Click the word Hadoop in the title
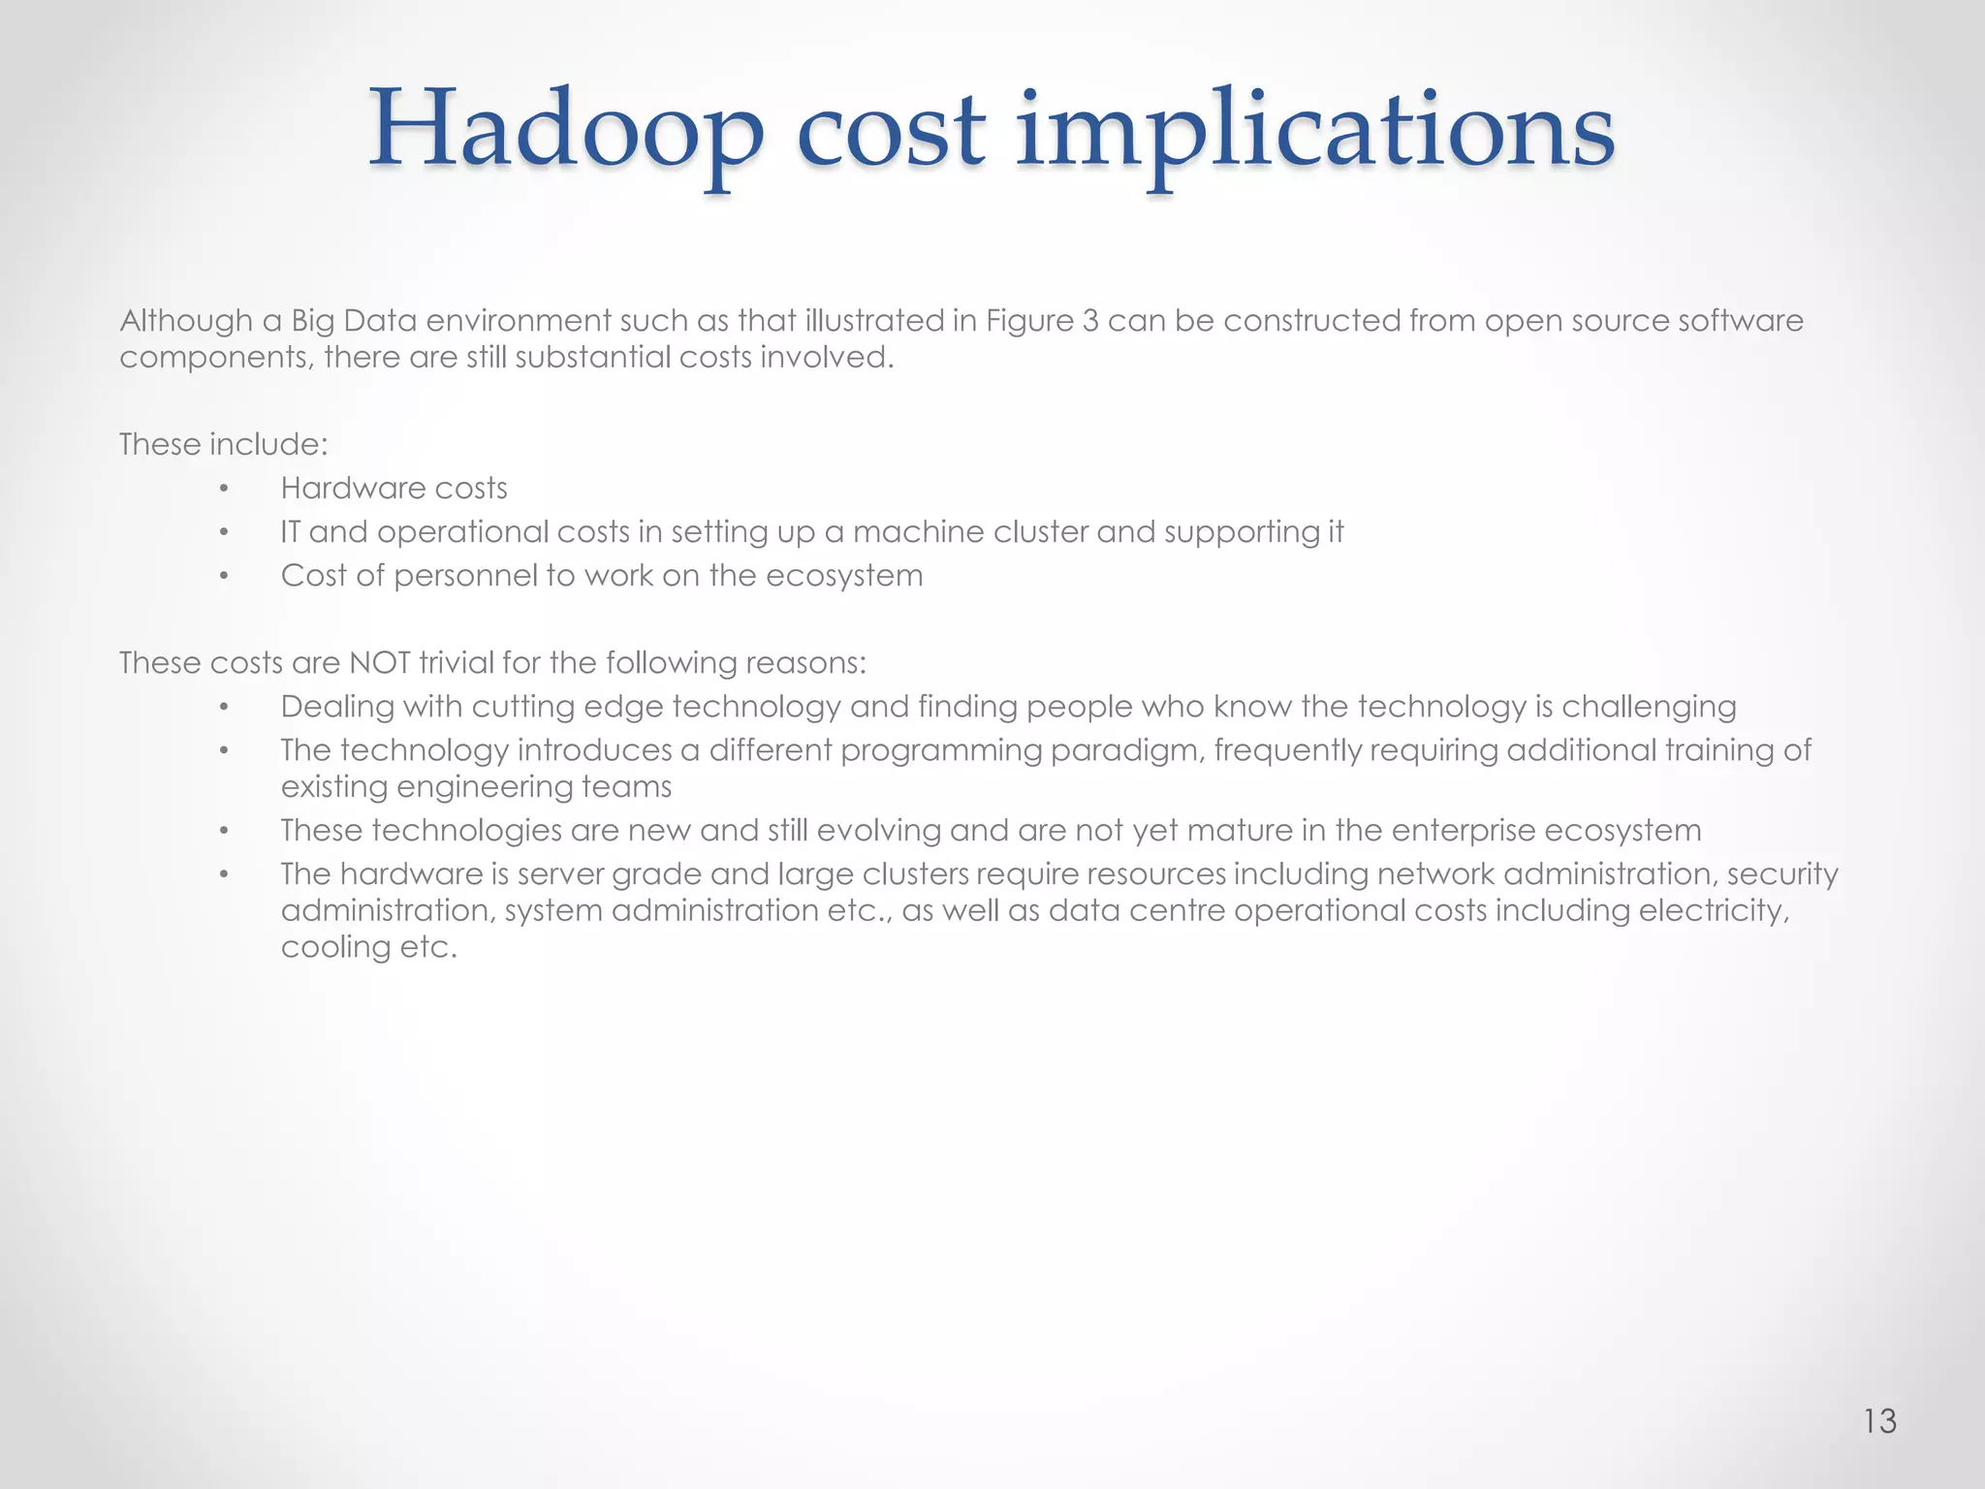[x=566, y=131]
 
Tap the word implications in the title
[x=1315, y=131]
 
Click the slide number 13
[x=1879, y=1421]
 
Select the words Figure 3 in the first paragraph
[x=1042, y=321]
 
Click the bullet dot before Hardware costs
[x=224, y=490]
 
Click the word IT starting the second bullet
[x=291, y=532]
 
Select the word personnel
[x=465, y=576]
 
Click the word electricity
[x=1713, y=911]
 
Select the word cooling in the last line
[x=322, y=947]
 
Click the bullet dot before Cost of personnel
[x=224, y=577]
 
